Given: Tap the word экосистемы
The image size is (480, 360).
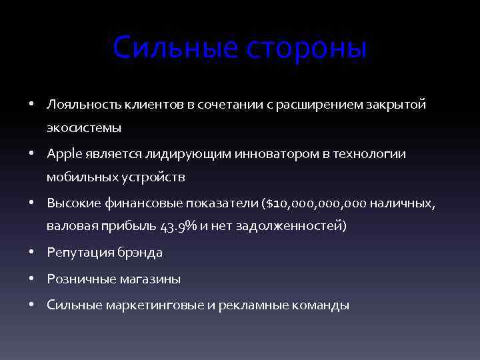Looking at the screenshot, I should pyautogui.click(x=84, y=127).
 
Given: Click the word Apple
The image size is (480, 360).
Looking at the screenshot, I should pyautogui.click(x=63, y=154).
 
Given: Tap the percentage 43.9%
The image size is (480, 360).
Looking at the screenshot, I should pyautogui.click(x=179, y=226).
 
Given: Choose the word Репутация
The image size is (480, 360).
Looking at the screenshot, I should pyautogui.click(x=81, y=253).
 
